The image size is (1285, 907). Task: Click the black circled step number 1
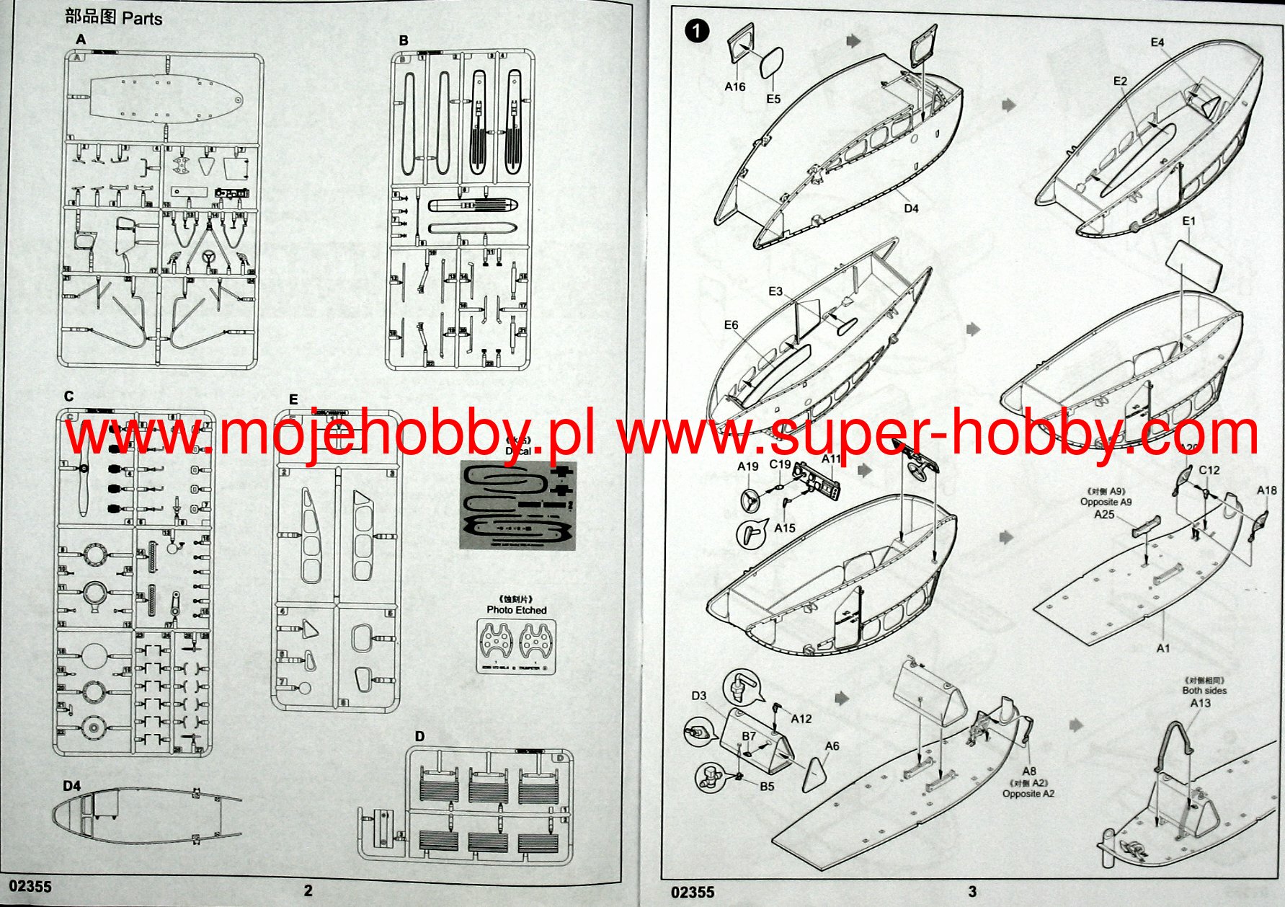697,31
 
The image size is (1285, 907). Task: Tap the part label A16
734,87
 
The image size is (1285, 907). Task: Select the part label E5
773,99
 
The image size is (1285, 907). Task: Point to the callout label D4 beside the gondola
911,208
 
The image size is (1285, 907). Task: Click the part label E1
1188,221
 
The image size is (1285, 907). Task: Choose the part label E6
731,325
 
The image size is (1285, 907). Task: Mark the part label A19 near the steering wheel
747,466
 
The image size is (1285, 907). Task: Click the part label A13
1200,703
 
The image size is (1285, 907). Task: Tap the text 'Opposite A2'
1028,794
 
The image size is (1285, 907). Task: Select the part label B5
767,786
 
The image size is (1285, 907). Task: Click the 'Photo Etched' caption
516,610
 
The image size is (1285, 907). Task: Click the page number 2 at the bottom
308,890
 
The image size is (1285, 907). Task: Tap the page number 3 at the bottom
972,891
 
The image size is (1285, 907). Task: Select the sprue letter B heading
404,40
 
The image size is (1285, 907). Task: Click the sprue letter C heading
69,396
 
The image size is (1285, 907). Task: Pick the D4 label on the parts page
72,786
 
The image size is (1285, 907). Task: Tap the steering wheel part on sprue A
210,257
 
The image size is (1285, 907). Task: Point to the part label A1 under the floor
1162,648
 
